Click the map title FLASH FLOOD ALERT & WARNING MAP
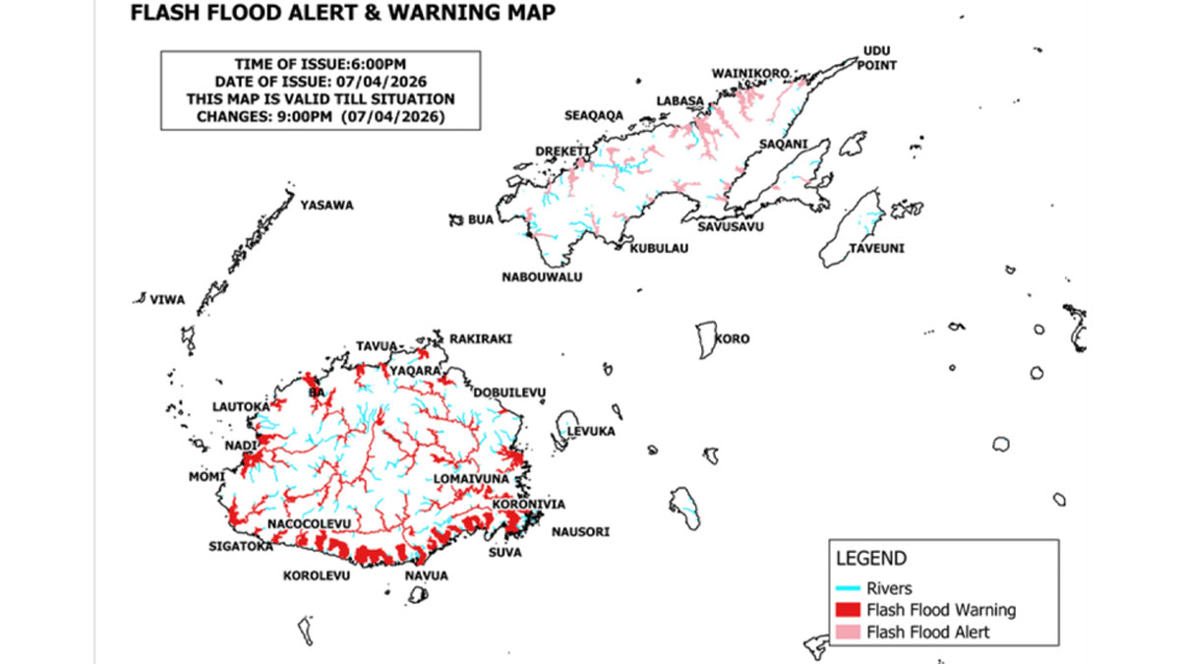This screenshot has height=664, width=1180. (x=341, y=13)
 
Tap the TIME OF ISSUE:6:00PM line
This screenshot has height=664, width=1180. (x=321, y=64)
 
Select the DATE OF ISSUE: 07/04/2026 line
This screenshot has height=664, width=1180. (x=321, y=82)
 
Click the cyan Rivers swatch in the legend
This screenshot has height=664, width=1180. (x=848, y=589)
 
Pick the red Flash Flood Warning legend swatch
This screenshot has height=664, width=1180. (x=848, y=610)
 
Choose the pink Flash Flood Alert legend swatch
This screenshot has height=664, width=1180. (x=848, y=632)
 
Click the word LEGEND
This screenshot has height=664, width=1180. (x=870, y=559)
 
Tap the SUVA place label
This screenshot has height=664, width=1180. (x=504, y=553)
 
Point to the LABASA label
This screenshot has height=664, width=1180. (x=680, y=100)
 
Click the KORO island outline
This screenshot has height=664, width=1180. (x=705, y=340)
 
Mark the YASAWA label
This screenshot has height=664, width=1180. (x=326, y=206)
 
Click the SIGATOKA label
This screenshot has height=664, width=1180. (x=240, y=546)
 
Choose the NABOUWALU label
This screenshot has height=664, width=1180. (x=542, y=277)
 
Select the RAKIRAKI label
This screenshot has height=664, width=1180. (x=481, y=339)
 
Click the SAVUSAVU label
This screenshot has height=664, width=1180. (x=727, y=226)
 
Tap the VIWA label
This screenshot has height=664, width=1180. (x=166, y=299)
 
